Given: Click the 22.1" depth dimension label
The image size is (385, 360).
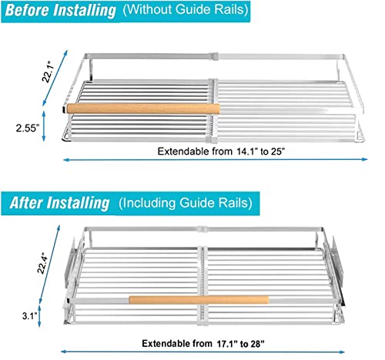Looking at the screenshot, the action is click(x=49, y=72).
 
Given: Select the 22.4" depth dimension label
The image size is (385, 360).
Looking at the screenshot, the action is click(x=43, y=263).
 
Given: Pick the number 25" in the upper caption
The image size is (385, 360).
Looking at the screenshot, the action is click(x=279, y=152).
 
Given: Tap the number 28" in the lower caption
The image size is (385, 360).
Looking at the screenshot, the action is click(x=257, y=344).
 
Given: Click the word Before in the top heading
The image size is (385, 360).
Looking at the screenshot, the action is click(x=27, y=10).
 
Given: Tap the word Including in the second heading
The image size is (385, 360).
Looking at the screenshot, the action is click(x=148, y=203).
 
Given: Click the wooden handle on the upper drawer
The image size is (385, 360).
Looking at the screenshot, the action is click(x=143, y=108).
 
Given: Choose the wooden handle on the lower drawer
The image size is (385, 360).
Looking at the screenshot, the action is click(x=199, y=300).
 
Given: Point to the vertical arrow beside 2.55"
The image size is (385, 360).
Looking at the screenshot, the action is click(x=44, y=126).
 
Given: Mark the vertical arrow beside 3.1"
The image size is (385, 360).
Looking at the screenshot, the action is click(x=39, y=315).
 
